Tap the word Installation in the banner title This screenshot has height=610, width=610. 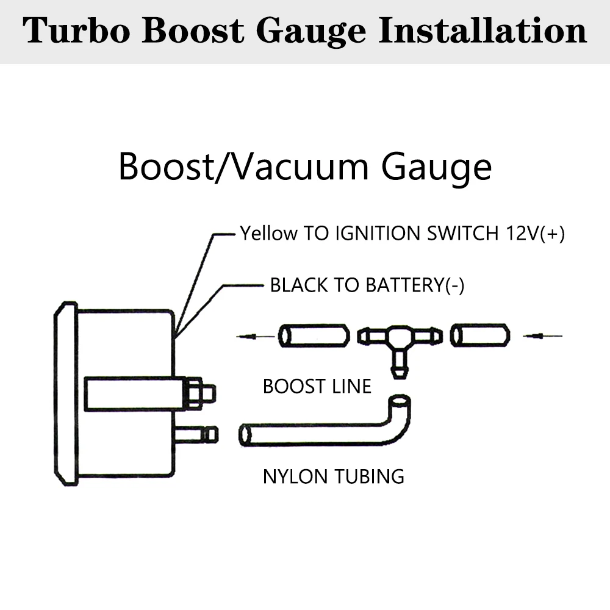click(x=483, y=30)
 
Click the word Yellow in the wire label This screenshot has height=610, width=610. click(x=268, y=233)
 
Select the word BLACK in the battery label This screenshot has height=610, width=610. click(x=297, y=285)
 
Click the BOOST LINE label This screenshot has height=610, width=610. click(x=317, y=386)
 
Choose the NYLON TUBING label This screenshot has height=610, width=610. click(x=333, y=476)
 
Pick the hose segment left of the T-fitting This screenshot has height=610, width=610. click(x=314, y=335)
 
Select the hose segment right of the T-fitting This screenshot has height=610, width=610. click(x=479, y=335)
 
